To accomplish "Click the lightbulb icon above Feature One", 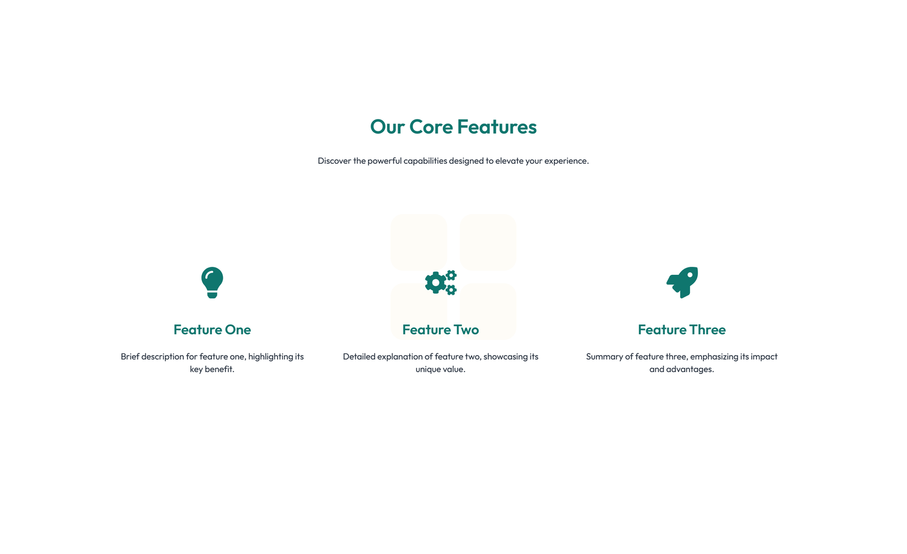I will pos(212,282).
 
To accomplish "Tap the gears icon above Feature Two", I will pos(440,282).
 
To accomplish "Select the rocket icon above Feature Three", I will pos(682,282).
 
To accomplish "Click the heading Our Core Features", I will pos(453,127).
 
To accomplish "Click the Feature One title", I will pos(212,330).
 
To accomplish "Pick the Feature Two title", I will pos(440,330).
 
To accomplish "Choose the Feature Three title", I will pos(681,330).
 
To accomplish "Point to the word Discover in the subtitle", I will pos(334,161).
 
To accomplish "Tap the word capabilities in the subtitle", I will pos(425,161).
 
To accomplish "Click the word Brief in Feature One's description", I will pos(130,357).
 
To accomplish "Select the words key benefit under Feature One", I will pos(212,369).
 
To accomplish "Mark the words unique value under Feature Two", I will pos(440,369).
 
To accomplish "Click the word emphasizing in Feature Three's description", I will pos(714,357).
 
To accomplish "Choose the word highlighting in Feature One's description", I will pos(270,357).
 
